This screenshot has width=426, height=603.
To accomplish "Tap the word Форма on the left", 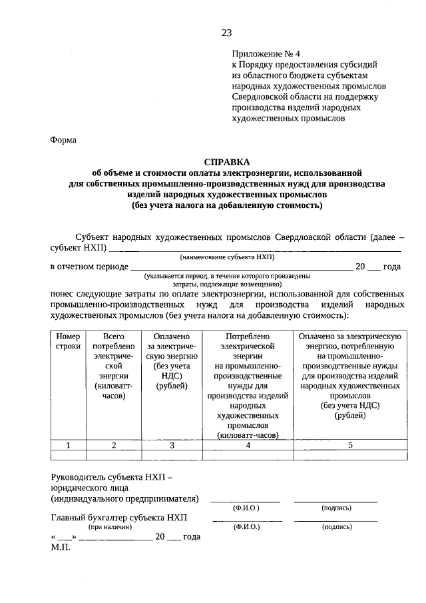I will coord(64,140).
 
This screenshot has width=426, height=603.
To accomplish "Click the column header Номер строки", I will coord(68,342).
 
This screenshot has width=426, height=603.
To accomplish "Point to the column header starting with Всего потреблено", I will coord(114,366).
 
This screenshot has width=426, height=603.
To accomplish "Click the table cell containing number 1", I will coord(68,445).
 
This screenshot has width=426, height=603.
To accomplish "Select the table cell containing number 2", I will coord(114,445).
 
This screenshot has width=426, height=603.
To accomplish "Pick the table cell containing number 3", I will coord(172,445).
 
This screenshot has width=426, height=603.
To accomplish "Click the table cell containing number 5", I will coord(349,445).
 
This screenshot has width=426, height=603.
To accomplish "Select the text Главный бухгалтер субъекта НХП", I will coord(119,517).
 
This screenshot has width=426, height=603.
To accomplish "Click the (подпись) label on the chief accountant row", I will coord(336,527).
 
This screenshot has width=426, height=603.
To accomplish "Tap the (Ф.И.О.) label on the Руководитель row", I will coord(246,508).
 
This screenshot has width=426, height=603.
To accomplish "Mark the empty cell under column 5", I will coord(349,455).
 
